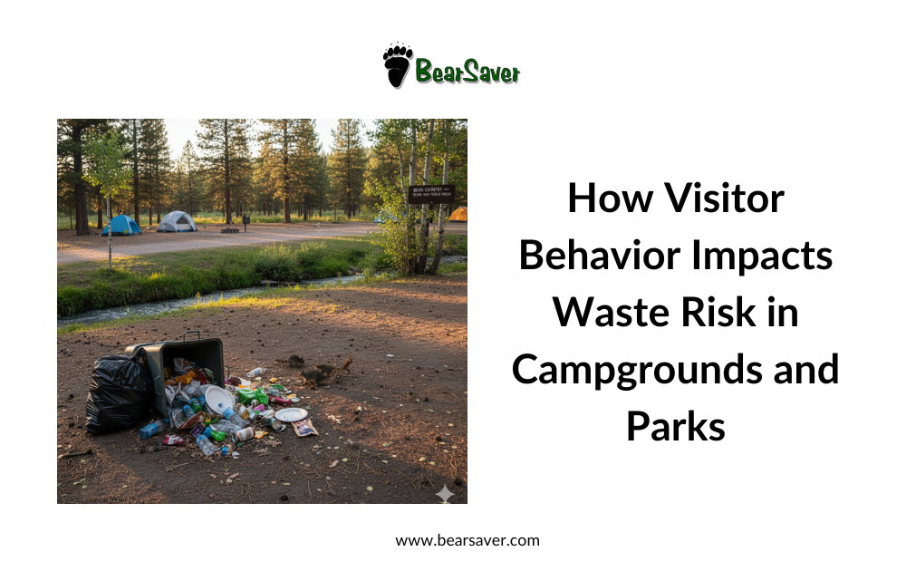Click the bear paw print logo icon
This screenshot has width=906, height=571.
click(397, 65)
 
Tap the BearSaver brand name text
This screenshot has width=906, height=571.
click(467, 71)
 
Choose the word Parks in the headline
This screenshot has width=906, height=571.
click(675, 426)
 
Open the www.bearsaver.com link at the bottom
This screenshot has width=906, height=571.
click(467, 540)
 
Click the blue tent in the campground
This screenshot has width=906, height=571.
click(121, 225)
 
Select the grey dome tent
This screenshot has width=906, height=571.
click(177, 221)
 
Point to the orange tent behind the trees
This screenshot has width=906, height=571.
click(458, 215)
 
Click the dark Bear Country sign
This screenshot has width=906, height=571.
click(430, 193)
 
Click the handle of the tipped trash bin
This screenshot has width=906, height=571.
click(191, 335)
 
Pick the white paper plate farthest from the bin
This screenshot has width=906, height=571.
click(291, 414)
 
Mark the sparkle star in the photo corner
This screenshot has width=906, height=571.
click(445, 493)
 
